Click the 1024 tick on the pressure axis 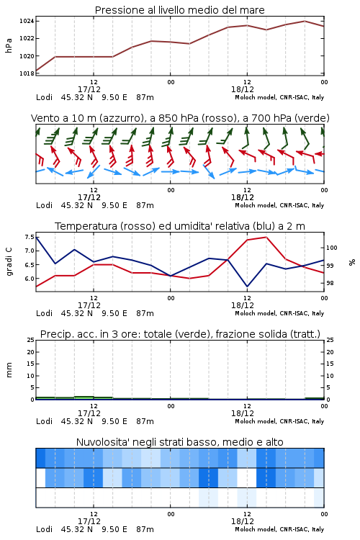pos(26,22)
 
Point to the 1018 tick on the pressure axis pos(26,73)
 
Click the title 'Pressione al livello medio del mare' pos(180,10)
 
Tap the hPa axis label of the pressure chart pos(9,45)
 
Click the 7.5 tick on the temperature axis pos(30,237)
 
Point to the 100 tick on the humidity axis pos(331,248)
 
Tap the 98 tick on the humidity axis pos(330,283)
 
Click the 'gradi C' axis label pos(9,262)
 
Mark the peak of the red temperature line pos(266,237)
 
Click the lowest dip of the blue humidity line pos(247,287)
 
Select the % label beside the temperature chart pos(352,262)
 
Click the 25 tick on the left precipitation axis pos(31,340)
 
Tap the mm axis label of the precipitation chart pos(9,370)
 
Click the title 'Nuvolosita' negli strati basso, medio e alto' pos(180,442)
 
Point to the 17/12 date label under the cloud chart pos(89,521)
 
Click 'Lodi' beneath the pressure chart pos(44,97)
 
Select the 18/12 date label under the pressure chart pos(243,89)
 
